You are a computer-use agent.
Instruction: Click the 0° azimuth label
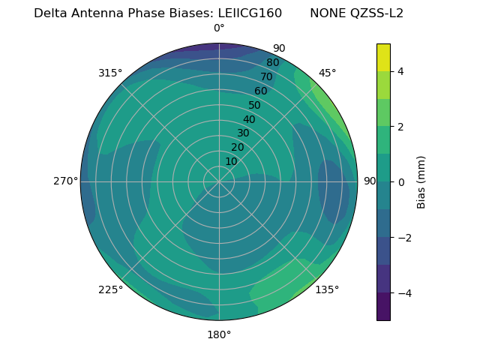click(219, 28)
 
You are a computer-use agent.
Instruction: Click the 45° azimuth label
click(327, 73)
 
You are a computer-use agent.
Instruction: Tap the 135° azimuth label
click(327, 289)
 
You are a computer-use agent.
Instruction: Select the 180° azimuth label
click(219, 334)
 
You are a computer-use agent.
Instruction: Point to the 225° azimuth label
click(110, 289)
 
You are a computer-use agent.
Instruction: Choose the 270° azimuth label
click(66, 181)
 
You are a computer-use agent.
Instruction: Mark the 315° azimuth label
click(110, 73)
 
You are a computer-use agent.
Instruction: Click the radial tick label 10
click(231, 162)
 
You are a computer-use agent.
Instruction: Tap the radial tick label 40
click(248, 120)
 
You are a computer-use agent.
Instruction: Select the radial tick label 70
click(266, 77)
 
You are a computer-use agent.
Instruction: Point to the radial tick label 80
click(272, 63)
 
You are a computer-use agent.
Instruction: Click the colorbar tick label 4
click(400, 71)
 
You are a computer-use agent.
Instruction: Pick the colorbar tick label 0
click(400, 182)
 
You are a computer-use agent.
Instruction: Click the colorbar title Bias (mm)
click(421, 182)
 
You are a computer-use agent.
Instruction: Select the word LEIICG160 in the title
click(250, 13)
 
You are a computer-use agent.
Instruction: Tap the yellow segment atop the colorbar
click(383, 57)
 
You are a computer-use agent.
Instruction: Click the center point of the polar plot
click(219, 181)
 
